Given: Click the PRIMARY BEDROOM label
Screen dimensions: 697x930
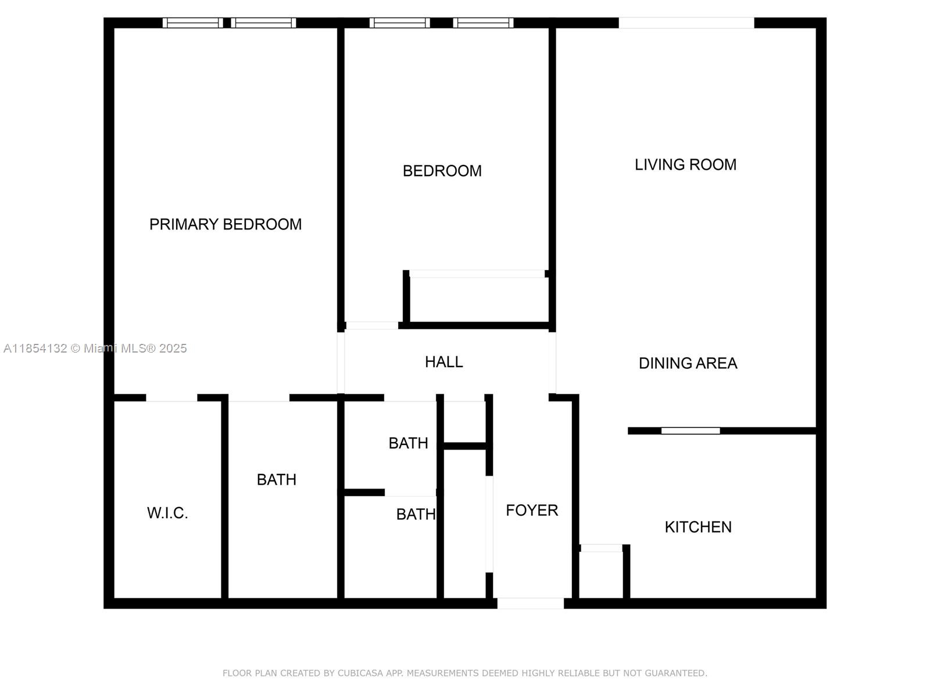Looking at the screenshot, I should (x=226, y=224).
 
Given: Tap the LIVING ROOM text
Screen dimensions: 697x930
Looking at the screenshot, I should (x=685, y=165).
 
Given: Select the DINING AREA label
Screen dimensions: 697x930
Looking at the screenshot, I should (x=688, y=364).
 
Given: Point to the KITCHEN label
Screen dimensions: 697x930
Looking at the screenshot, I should (x=697, y=527).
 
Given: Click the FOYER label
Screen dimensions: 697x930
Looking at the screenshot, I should (x=531, y=511).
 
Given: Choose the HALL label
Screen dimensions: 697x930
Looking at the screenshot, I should (x=443, y=362).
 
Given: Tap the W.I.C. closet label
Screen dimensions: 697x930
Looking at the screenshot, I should (x=167, y=513).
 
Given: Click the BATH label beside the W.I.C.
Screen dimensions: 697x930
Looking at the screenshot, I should (x=276, y=480).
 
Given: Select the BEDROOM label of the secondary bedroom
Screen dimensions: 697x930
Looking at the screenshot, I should (x=442, y=171).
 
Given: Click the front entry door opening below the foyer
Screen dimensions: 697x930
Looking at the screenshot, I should (x=530, y=603).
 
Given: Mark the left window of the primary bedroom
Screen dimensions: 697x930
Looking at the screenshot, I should (x=192, y=23).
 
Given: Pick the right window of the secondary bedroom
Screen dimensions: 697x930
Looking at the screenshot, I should (x=483, y=23).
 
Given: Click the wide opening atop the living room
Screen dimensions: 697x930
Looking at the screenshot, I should (x=686, y=23).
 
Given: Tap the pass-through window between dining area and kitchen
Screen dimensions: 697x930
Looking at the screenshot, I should (x=691, y=431).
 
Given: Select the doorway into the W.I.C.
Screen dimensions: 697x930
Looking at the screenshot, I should (x=171, y=398).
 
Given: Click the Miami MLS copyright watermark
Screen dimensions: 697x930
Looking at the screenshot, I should (x=95, y=348).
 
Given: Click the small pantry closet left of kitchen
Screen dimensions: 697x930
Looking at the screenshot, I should (x=602, y=574).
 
